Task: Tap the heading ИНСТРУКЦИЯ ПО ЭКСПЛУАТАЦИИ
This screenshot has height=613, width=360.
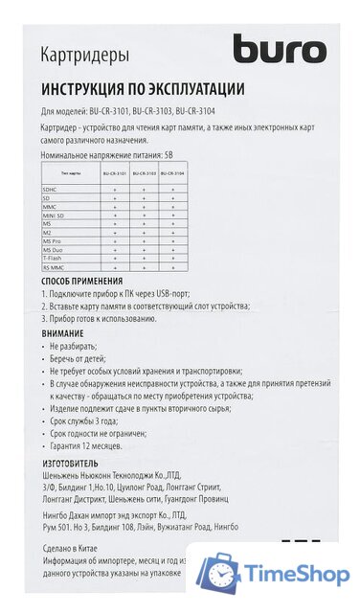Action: coord(143,89)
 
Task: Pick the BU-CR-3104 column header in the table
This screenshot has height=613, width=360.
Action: coord(172,173)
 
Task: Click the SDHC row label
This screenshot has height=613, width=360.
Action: coord(50,190)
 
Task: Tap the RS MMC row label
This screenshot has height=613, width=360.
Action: coord(54,266)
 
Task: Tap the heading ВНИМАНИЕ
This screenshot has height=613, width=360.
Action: coord(62,332)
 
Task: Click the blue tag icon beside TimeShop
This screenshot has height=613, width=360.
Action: coord(219,574)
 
